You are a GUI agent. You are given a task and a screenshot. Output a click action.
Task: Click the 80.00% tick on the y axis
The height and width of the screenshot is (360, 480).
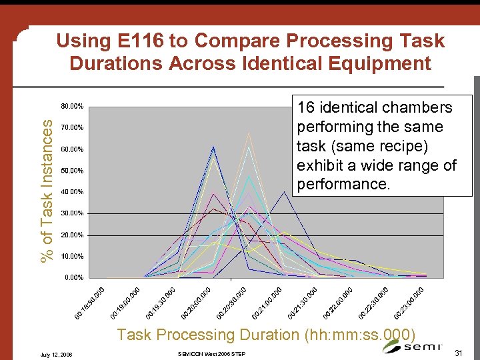pos(72,106)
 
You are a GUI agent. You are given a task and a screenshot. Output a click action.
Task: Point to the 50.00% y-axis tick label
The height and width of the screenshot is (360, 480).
pos(72,171)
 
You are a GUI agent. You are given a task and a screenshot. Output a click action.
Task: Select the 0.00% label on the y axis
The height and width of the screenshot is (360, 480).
pos(73,277)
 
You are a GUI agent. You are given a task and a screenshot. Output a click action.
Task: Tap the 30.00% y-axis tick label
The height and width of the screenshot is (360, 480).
pos(72,213)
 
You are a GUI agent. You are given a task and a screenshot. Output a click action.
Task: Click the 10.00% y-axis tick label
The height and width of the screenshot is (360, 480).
pos(72,256)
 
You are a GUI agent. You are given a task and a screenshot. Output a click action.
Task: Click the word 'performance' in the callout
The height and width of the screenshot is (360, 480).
pos(341,184)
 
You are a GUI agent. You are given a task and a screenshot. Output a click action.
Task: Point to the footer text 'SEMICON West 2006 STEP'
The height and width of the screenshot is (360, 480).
pos(213,354)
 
